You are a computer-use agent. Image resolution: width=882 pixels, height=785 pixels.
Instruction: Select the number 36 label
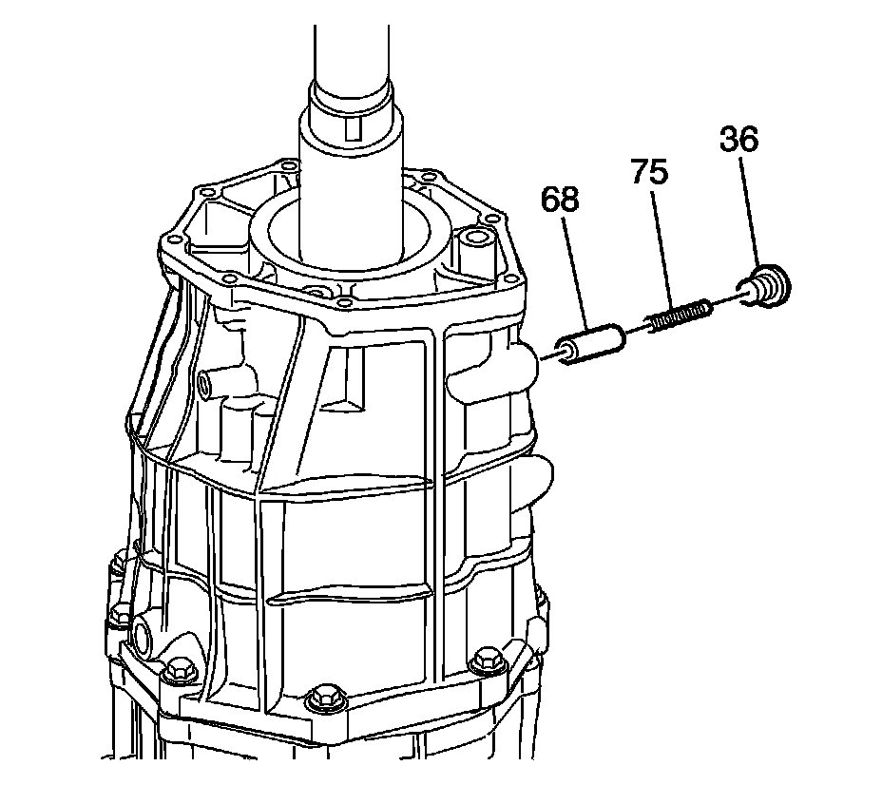pyautogui.click(x=738, y=140)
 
